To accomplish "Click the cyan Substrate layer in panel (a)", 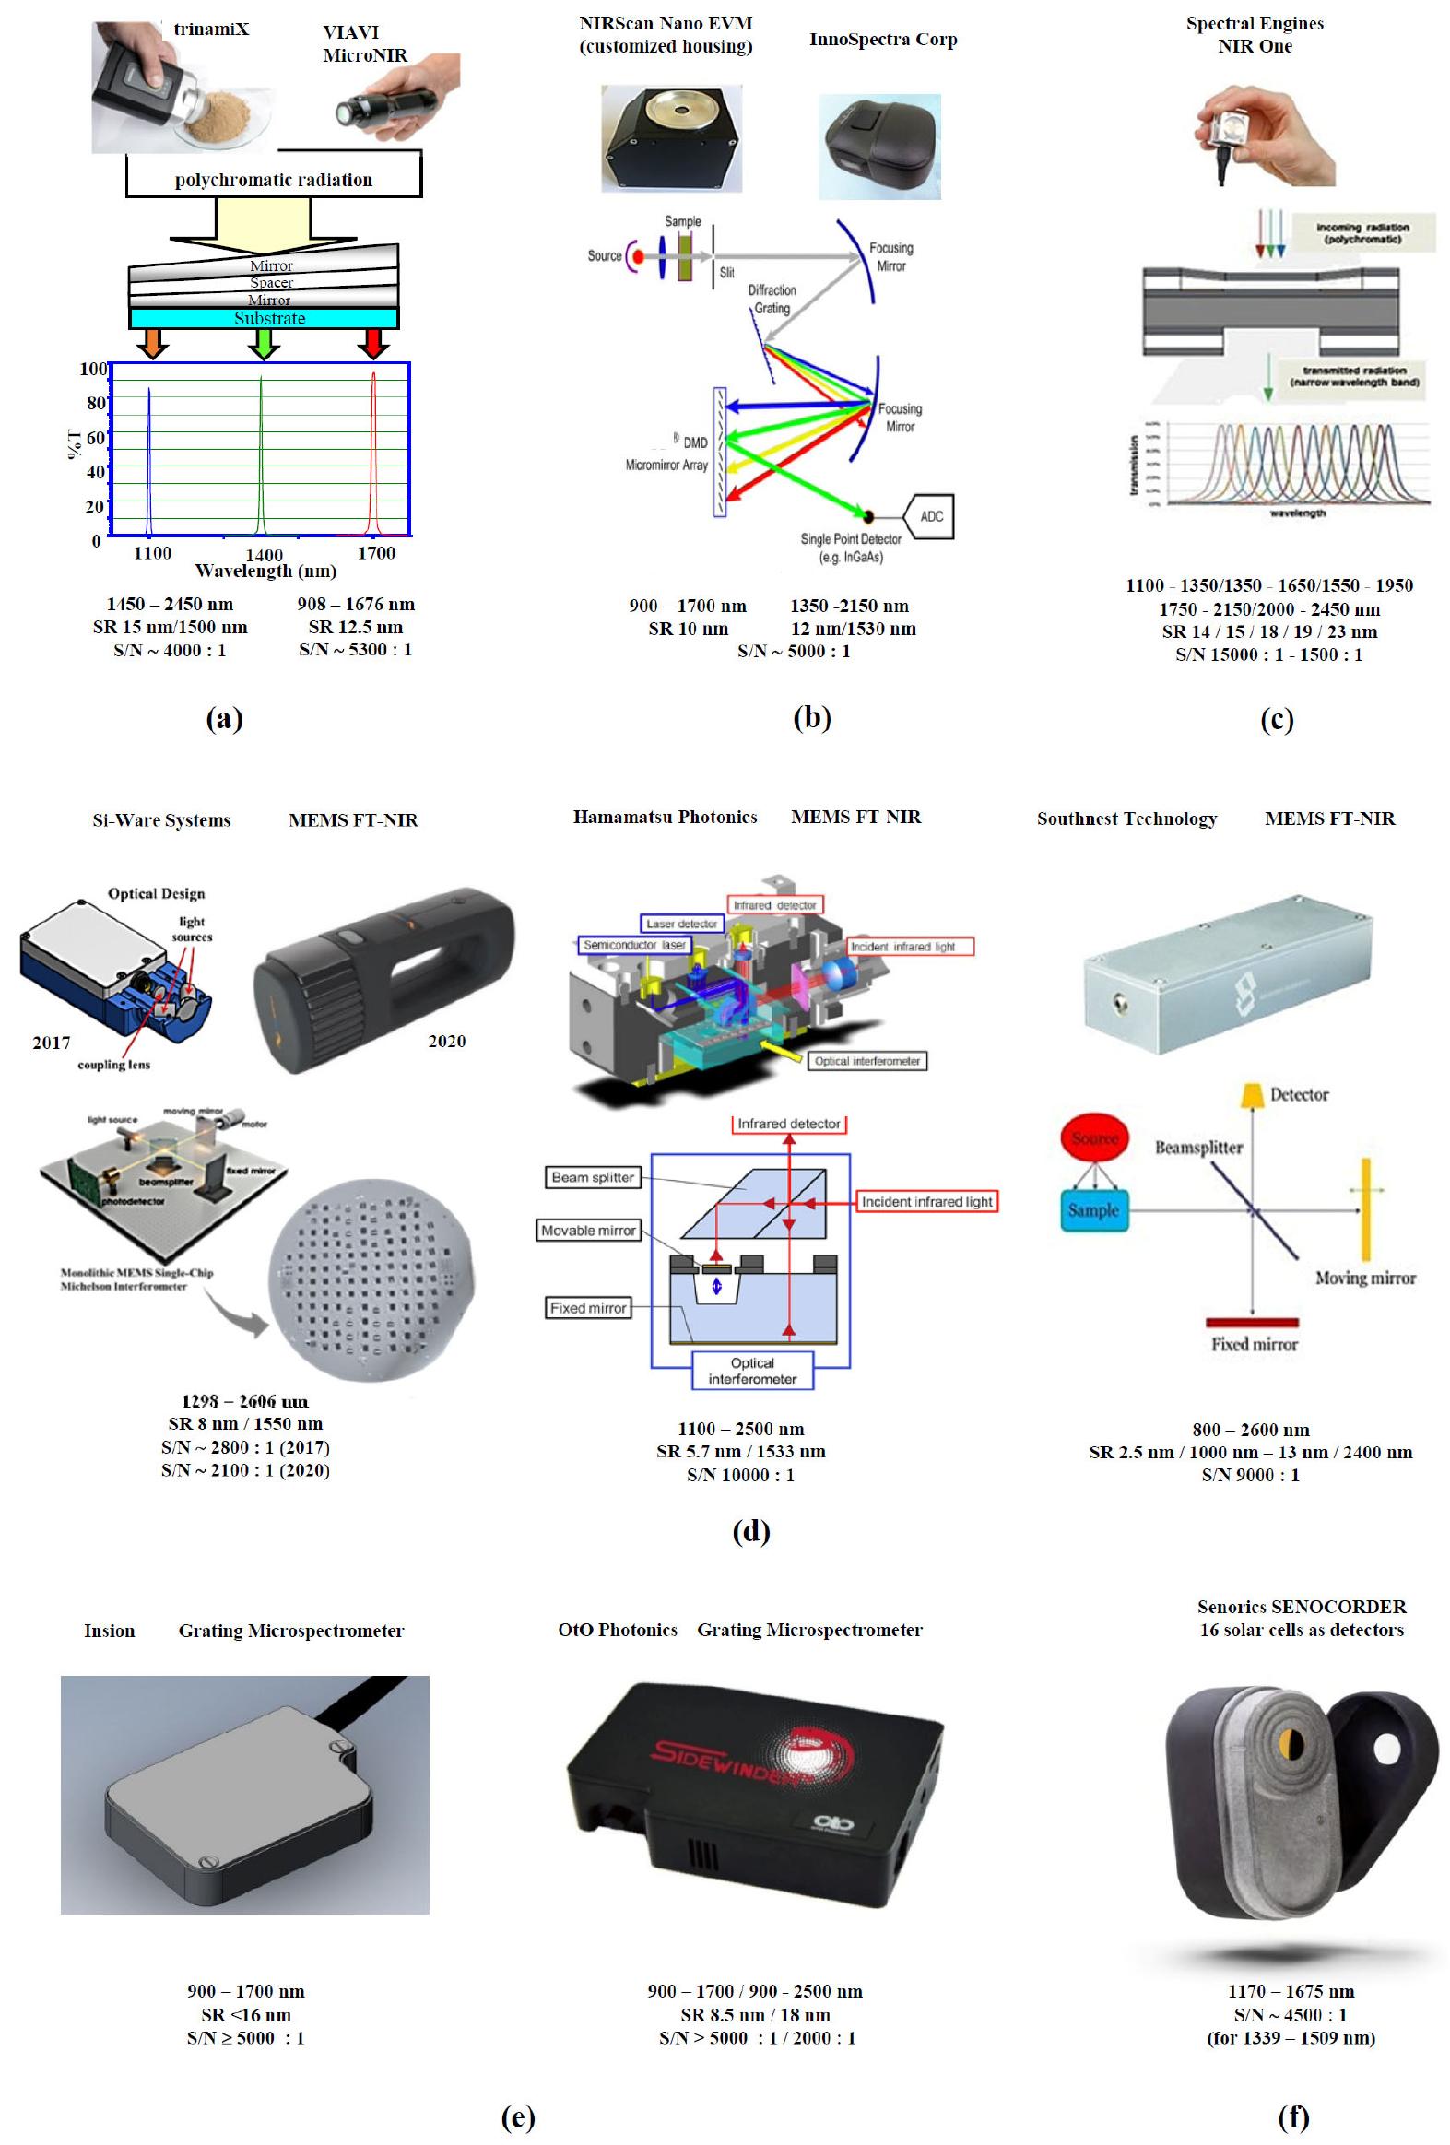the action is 263,318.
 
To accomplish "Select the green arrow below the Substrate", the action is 263,343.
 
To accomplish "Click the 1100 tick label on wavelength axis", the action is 152,553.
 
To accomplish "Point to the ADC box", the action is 930,516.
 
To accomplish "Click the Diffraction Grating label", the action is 772,299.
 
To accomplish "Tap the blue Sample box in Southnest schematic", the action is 1094,1210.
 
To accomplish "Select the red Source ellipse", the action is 1095,1138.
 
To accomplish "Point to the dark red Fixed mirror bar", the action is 1253,1322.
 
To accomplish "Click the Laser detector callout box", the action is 681,923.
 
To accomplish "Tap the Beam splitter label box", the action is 593,1177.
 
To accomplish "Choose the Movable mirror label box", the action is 588,1231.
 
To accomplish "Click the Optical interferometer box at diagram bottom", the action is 752,1370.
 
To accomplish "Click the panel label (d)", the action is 750,1531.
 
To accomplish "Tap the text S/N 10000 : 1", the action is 740,1475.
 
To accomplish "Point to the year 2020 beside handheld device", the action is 447,1041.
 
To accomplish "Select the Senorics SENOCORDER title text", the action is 1302,1607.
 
